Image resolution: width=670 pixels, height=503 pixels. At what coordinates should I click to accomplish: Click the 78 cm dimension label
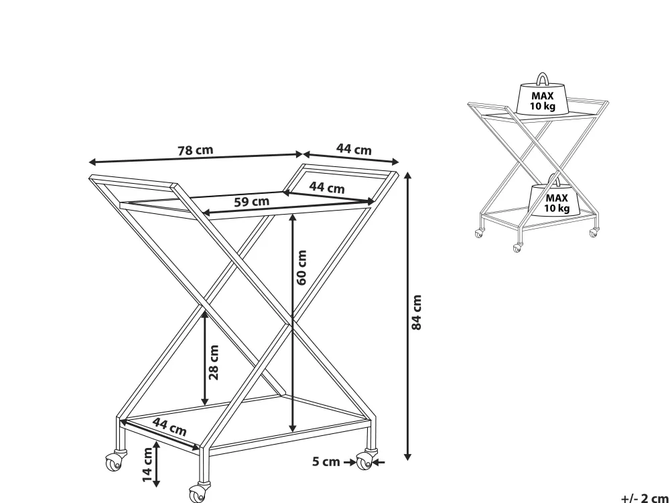click(195, 150)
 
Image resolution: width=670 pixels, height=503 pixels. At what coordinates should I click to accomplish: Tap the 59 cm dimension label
click(252, 201)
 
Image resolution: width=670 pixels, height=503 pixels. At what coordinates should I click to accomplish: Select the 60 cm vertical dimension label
click(301, 268)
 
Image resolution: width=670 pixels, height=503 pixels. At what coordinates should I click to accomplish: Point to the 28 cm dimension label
click(214, 362)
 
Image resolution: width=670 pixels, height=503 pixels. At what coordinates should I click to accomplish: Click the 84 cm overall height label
click(416, 313)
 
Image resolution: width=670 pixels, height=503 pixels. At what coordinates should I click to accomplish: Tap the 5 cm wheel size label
click(326, 462)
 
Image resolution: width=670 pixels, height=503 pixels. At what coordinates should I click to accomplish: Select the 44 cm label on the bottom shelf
click(170, 427)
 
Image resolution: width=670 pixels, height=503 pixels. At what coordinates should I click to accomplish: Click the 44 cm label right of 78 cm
click(354, 150)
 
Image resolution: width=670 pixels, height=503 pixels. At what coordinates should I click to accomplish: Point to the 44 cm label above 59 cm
click(327, 187)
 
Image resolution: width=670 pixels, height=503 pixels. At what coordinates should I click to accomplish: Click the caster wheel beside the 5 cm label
click(365, 461)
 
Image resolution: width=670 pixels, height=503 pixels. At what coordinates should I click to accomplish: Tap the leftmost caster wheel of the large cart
click(115, 461)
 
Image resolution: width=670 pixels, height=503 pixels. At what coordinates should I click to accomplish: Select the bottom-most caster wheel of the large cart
click(198, 494)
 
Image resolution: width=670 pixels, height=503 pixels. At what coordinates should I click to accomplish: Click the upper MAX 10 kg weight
click(542, 99)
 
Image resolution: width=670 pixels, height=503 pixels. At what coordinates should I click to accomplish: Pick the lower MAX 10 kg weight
click(555, 199)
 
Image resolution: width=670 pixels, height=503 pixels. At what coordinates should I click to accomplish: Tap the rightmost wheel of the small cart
click(594, 233)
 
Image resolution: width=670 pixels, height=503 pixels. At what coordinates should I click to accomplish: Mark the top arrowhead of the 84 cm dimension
click(407, 175)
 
